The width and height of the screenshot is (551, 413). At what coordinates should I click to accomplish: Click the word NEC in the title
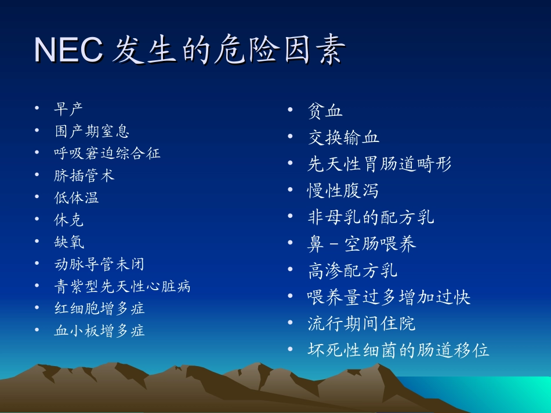[68, 50]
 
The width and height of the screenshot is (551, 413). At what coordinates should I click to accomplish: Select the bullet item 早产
[69, 108]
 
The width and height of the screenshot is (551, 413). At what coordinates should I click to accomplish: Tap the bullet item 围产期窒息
[92, 131]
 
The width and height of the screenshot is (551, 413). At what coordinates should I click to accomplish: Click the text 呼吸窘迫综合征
[107, 153]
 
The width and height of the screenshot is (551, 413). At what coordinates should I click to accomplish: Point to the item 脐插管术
[85, 176]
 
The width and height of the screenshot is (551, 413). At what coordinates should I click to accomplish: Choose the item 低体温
[77, 198]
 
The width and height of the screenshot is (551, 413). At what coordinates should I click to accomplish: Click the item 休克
[69, 220]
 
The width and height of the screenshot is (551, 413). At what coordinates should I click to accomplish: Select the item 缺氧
[69, 242]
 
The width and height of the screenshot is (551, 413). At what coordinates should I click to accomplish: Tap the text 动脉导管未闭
[99, 265]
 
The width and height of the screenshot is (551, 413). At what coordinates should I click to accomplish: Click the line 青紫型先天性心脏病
[122, 287]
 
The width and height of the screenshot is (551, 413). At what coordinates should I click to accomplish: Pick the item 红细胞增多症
[99, 309]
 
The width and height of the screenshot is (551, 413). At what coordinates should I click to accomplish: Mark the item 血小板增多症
[99, 331]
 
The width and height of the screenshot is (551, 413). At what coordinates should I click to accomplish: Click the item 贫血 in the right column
[325, 111]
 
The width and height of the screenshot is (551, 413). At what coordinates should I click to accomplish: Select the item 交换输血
[343, 137]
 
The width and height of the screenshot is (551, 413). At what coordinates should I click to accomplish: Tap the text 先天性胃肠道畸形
[379, 164]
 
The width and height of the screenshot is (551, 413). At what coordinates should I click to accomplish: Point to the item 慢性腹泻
[343, 191]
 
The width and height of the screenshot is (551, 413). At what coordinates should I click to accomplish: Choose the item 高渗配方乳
[352, 271]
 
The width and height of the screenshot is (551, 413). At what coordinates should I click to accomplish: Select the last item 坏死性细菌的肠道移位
[398, 350]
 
